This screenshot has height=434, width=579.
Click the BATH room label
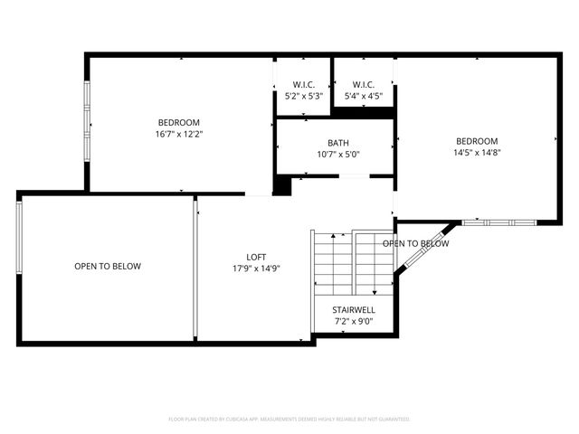tap(337, 143)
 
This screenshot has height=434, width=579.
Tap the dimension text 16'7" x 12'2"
tap(178, 134)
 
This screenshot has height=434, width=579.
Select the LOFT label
tap(256, 256)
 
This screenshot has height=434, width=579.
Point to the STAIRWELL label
tap(353, 310)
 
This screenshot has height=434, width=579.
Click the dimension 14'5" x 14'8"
tap(477, 153)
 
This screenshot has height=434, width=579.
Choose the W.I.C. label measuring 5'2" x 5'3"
tap(302, 84)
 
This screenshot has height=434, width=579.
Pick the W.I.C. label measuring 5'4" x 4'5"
tap(364, 84)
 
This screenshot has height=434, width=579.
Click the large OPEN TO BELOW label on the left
tap(108, 266)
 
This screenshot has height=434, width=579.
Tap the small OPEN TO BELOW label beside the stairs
tap(415, 243)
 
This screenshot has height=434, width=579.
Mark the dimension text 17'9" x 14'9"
tap(256, 268)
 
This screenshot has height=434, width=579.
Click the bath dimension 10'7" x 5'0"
tap(337, 155)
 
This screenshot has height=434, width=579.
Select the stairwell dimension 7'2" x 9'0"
tap(353, 322)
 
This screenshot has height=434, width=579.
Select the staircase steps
tap(353, 262)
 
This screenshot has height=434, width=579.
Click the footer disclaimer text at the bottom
tap(289, 420)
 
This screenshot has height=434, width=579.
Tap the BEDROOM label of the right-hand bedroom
tap(477, 141)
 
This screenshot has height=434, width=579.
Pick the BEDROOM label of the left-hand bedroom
tap(178, 122)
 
